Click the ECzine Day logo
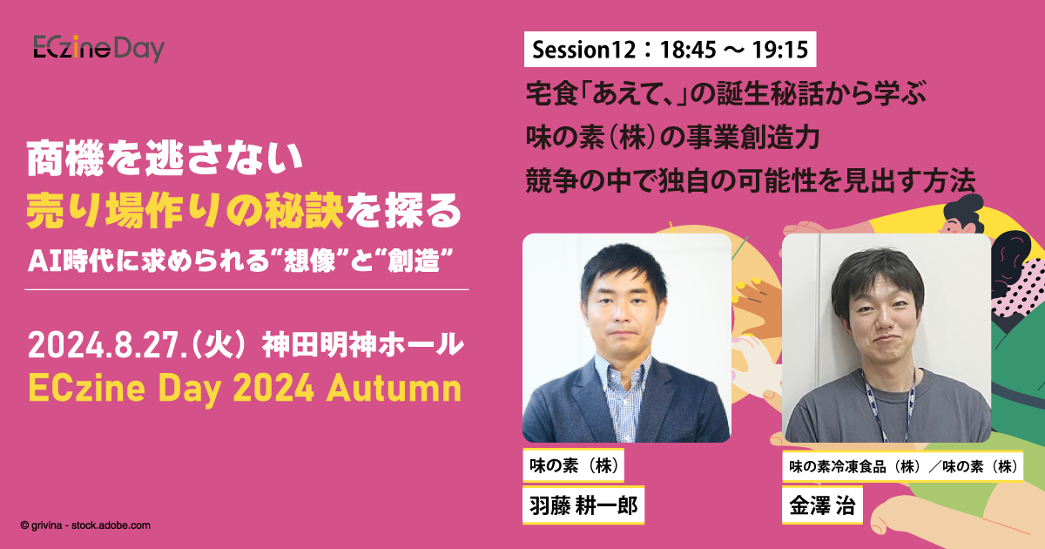[x=98, y=48]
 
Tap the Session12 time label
[x=669, y=50]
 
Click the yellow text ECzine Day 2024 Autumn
[x=245, y=388]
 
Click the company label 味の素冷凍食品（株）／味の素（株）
[x=903, y=466]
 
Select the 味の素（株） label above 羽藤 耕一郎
[x=574, y=466]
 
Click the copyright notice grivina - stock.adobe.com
[x=85, y=525]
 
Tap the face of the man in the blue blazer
[x=626, y=304]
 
